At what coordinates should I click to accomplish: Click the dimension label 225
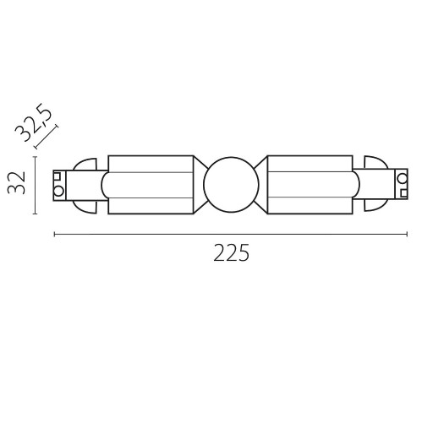tap(231, 253)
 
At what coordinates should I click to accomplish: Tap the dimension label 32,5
tap(34, 122)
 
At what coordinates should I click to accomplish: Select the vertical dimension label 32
tap(16, 183)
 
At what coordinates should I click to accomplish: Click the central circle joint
tap(231, 185)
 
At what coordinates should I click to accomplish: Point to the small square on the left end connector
tap(58, 176)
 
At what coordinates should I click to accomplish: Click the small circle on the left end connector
tap(58, 192)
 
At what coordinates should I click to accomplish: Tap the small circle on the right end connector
tap(402, 178)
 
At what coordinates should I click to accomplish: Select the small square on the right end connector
tap(403, 193)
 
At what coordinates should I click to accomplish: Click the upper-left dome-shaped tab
tap(85, 165)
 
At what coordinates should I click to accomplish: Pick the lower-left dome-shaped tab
tap(85, 206)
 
